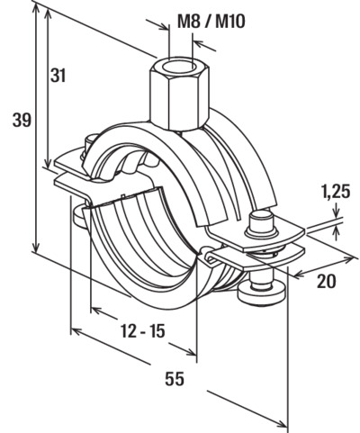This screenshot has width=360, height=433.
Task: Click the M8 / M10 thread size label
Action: (x=211, y=23)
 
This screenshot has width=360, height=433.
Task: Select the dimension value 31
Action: (x=58, y=75)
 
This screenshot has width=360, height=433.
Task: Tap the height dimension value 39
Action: (x=22, y=121)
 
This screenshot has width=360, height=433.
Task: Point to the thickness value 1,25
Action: (x=336, y=192)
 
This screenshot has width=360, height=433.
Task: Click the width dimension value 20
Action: (x=327, y=281)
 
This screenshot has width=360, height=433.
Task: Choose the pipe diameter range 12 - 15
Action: (x=143, y=331)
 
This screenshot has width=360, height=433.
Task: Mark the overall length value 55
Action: (x=175, y=379)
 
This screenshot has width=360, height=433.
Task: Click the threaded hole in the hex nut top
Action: (x=181, y=65)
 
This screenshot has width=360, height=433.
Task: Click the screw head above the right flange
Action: (x=261, y=223)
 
